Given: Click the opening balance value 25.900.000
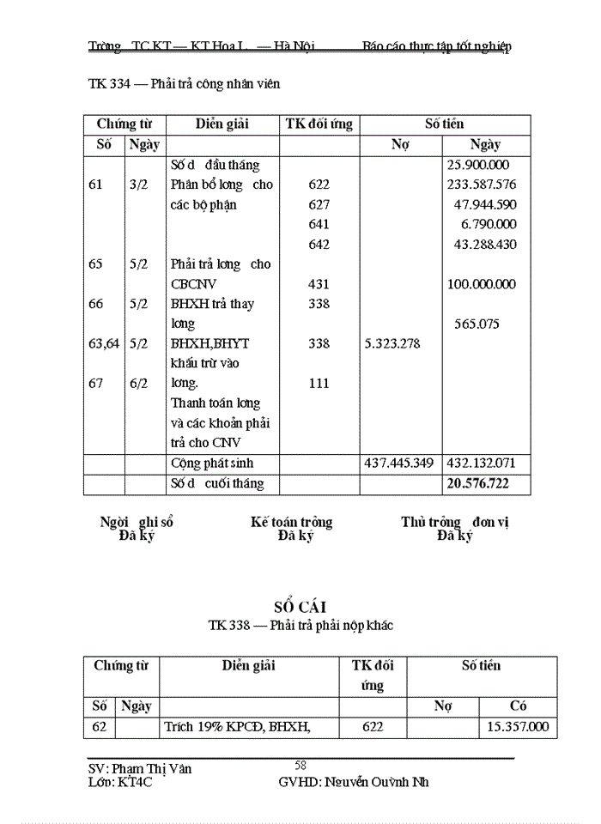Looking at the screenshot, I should point(478,165).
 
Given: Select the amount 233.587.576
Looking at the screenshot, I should point(482,185).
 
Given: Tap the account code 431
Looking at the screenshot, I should point(319,284).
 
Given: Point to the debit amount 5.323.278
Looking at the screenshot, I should point(393,343).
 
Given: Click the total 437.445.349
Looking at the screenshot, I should point(400,463).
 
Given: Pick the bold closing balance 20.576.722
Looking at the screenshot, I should point(477,484).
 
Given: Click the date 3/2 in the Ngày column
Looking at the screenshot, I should point(138,185).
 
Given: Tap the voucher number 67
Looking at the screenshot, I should point(96,384).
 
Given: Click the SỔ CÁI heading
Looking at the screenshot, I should point(300,608).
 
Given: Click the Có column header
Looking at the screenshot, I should point(518,706).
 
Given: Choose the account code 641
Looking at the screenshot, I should point(319,224).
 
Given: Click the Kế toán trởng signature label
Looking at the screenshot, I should point(292,522).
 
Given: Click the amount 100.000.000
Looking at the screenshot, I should point(482,284).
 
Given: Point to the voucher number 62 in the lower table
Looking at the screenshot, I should point(100,727).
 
